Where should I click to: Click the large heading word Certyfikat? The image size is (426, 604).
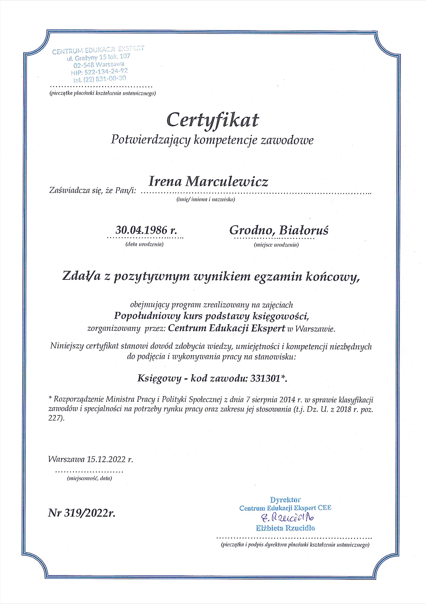[212, 120]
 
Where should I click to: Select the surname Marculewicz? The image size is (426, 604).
[227, 182]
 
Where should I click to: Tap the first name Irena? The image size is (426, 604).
[165, 182]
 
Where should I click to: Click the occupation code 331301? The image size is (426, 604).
[265, 378]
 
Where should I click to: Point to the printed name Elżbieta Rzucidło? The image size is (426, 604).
[285, 528]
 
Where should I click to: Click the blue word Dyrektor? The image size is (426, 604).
[285, 500]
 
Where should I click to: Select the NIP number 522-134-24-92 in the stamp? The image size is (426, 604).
[106, 71]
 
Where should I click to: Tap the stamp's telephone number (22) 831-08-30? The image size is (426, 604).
[106, 79]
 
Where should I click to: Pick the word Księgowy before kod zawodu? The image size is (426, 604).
[159, 378]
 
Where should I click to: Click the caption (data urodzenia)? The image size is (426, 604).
[144, 244]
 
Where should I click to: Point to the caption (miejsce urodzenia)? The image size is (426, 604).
[276, 245]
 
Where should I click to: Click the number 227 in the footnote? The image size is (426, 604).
[55, 418]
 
